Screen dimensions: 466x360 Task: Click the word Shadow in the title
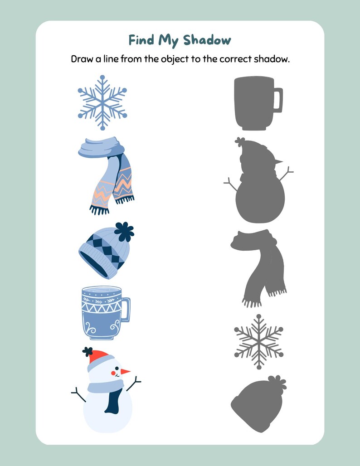click(x=207, y=40)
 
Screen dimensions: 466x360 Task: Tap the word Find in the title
click(x=141, y=40)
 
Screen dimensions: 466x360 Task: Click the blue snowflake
click(x=102, y=102)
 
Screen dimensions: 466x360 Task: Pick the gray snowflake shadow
click(x=258, y=341)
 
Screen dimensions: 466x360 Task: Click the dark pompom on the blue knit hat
click(x=124, y=232)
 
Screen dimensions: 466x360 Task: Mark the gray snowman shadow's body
click(x=260, y=199)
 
